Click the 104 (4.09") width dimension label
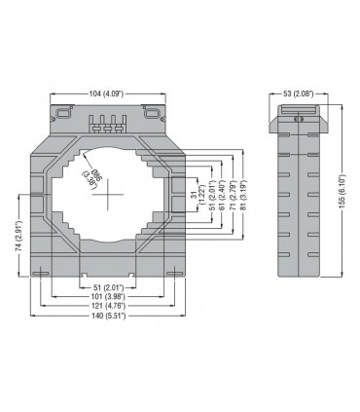(x=106, y=94)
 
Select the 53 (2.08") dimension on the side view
(x=298, y=94)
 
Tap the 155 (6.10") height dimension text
(x=346, y=191)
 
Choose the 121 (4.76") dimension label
(x=108, y=306)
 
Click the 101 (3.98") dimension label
(x=108, y=296)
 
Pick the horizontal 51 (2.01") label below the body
(x=108, y=287)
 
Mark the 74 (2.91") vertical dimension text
(x=20, y=236)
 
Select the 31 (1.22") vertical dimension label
(x=198, y=195)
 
